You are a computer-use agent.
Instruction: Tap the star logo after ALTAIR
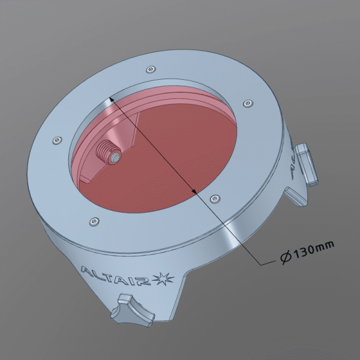click(164, 278)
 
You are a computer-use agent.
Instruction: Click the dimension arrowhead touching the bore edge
click(112, 99)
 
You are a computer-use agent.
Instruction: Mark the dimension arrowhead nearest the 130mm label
click(194, 191)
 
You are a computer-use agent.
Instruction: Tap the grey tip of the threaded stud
click(115, 157)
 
